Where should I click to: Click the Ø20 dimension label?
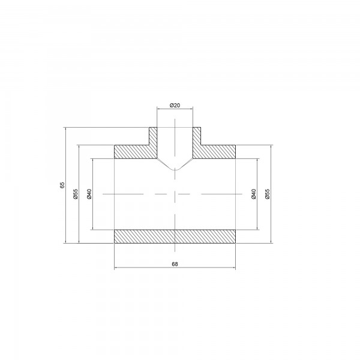(175, 105)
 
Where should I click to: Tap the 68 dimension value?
(175, 263)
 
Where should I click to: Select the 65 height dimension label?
(62, 185)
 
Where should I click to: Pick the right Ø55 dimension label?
(268, 194)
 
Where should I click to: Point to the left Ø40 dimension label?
(89, 194)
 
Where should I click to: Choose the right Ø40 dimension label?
(254, 194)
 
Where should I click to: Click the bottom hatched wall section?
(175, 236)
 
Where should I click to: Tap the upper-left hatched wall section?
(133, 151)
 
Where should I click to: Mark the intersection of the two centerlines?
(175, 194)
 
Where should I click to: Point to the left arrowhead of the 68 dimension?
(116, 268)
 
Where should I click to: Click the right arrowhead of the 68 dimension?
(234, 268)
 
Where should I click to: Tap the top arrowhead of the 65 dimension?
(65, 128)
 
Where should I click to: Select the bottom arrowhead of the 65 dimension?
(65, 242)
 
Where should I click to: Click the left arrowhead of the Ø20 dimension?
(158, 109)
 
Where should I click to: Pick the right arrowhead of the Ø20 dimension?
(191, 109)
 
